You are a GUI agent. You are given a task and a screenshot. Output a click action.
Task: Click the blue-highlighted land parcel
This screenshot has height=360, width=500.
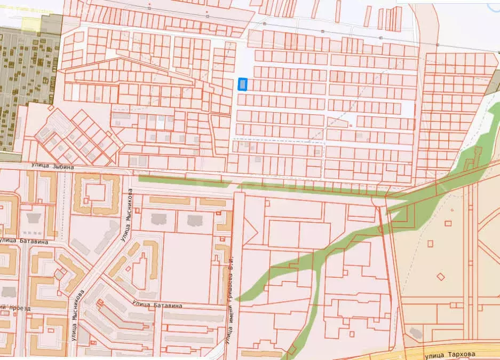[243, 84]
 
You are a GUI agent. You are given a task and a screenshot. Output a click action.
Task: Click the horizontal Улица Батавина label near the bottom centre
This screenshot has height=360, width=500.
[157, 304]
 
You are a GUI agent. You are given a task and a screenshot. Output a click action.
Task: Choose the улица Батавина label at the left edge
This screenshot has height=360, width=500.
[23, 241]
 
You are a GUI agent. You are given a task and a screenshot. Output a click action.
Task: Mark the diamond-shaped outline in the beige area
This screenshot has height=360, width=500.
[440, 276]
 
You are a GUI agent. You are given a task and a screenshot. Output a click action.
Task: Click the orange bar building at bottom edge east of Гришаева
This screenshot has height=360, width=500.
[261, 354]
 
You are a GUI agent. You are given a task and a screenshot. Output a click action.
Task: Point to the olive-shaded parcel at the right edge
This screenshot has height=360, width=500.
[494, 85]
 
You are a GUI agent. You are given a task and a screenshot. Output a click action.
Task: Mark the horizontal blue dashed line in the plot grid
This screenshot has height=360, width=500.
[277, 142]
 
